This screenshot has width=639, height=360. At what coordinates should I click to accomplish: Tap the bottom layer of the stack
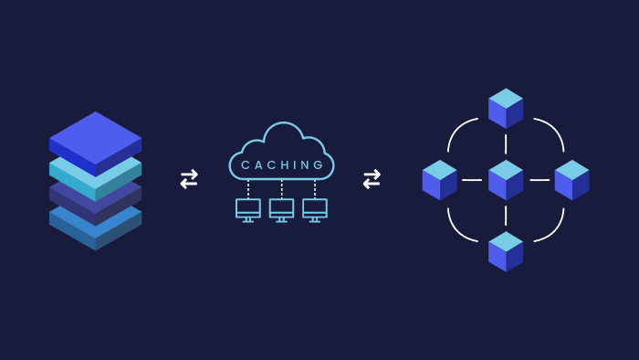coord(95,231)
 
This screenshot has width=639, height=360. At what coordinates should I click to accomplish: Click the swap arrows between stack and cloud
coord(189,179)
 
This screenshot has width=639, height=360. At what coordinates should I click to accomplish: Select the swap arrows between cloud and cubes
coord(372,179)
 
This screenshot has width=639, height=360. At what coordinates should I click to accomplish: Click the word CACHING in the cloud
coord(282,165)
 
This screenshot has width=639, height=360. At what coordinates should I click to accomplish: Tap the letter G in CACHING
coord(319,165)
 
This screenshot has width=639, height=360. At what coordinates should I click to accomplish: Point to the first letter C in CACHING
coord(245,165)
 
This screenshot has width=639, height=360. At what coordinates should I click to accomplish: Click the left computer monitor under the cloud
coord(247,209)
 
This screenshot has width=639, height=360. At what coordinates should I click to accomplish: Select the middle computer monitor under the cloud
coord(281,209)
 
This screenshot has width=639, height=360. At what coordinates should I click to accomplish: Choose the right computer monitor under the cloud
coord(315,209)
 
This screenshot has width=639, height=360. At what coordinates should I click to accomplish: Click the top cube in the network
coord(506,109)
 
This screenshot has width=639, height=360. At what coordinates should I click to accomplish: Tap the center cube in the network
coord(506,180)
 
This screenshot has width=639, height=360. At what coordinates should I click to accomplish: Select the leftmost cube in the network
coord(439,180)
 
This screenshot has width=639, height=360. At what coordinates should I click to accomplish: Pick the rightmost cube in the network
coord(571,180)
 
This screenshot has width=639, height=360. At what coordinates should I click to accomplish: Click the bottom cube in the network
coord(506,251)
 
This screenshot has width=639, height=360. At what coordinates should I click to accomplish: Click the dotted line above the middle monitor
coord(281,188)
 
